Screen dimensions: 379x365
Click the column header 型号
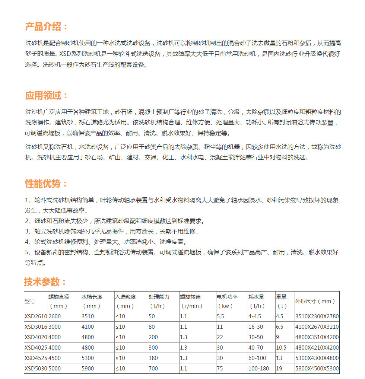30,301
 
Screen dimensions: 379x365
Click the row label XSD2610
35,316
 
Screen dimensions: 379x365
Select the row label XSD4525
35,358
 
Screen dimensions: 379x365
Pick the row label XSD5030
35,368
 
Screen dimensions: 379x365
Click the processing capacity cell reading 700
153,368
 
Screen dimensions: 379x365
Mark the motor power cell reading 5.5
220,316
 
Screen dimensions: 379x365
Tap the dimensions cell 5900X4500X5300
317,368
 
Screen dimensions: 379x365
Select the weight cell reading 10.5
281,347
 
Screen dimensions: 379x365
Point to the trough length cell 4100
88,327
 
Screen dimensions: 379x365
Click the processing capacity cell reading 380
153,358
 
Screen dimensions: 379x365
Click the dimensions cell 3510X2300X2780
317,316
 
